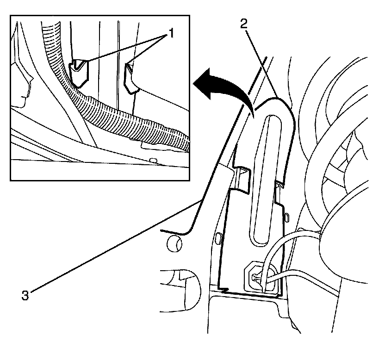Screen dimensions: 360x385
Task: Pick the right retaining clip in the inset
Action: pyautogui.click(x=130, y=76)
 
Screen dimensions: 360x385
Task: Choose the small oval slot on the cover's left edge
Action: pyautogui.click(x=217, y=238)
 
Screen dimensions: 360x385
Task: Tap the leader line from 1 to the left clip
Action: pyautogui.click(x=120, y=48)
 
